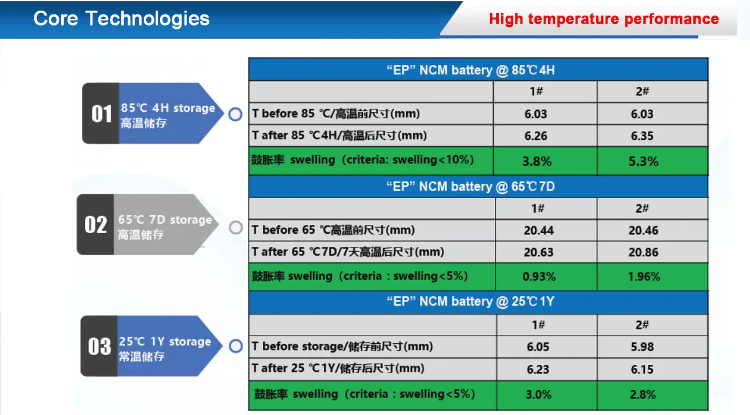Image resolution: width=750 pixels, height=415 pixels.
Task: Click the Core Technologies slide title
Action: pos(121,18)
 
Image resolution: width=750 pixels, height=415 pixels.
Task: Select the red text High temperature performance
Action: pos(604,19)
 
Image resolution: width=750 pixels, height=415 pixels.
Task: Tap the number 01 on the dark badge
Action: pos(101,114)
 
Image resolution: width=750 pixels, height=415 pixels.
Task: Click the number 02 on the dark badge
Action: pos(96,224)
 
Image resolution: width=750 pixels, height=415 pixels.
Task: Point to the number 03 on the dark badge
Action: pos(99,346)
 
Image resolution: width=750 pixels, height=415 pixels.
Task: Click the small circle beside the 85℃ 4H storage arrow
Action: pos(236,114)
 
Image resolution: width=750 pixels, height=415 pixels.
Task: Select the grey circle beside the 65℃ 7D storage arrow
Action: pos(236,227)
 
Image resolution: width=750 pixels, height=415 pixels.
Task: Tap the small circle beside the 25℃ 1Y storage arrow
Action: pos(236,346)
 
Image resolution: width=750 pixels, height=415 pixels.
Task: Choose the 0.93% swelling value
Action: pos(539,277)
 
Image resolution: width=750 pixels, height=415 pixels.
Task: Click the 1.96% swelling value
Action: pos(644,277)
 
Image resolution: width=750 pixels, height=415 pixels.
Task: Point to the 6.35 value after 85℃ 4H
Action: pos(642,136)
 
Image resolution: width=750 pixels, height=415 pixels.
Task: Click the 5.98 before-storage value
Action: pos(642,347)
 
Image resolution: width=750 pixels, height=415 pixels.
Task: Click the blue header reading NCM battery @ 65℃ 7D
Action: pos(478,187)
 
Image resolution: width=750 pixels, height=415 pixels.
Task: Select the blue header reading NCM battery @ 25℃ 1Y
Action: pos(478,301)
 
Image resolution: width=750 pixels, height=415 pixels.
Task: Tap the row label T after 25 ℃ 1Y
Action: pos(338,369)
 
